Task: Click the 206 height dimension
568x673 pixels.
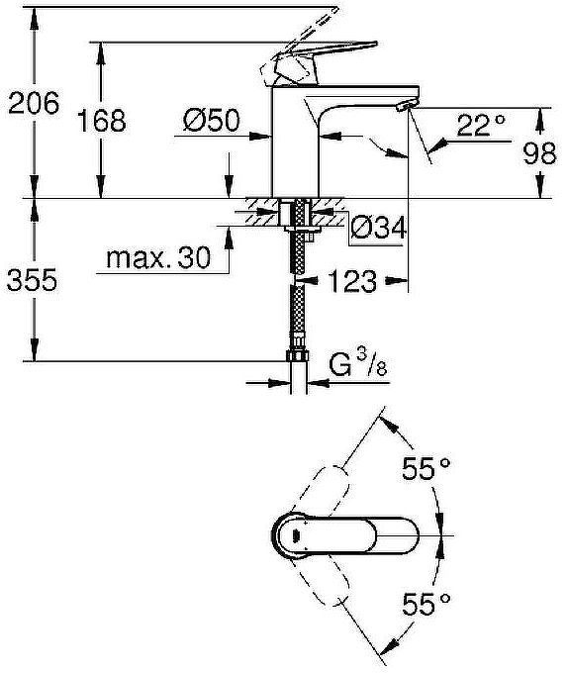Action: coord(34,103)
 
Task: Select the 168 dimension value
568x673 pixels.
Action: coord(102,121)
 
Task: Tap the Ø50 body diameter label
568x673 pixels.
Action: coord(211,120)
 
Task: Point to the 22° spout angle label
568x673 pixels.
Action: coord(481,126)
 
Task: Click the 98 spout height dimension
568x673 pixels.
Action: coord(539,153)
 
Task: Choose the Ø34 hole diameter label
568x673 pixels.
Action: coord(378,228)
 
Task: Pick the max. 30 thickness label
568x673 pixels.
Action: coord(158,258)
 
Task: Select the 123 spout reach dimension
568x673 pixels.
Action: coord(352,281)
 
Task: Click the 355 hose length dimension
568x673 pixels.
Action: coord(33,280)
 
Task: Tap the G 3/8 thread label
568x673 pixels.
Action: coord(358,364)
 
